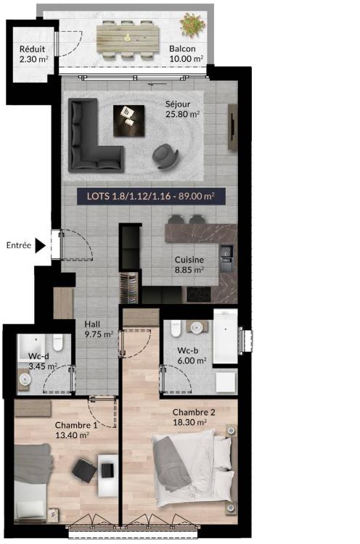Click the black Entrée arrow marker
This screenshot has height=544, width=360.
click(x=40, y=246)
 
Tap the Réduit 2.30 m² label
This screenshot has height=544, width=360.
click(x=33, y=54)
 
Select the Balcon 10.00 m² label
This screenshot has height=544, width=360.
click(x=186, y=54)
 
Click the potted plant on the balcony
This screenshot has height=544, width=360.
click(x=192, y=24)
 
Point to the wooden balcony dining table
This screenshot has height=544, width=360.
click(x=128, y=38)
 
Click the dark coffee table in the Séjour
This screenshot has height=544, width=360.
click(x=128, y=121)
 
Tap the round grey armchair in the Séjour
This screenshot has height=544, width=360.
click(x=165, y=156)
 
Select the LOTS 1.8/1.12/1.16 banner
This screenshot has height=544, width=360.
click(x=151, y=197)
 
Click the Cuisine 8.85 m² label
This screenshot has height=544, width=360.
click(x=189, y=265)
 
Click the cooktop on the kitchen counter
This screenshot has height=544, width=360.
click(x=199, y=295)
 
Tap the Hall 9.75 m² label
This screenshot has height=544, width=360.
click(x=99, y=329)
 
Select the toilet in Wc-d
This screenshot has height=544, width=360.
click(x=58, y=342)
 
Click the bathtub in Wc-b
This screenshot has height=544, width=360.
click(x=225, y=337)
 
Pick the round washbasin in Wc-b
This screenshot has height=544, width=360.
click(x=197, y=327)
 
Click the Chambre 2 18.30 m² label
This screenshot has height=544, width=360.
click(x=194, y=417)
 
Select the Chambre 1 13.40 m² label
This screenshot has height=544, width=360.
click(x=76, y=430)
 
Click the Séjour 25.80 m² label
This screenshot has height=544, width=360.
click(x=183, y=109)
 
